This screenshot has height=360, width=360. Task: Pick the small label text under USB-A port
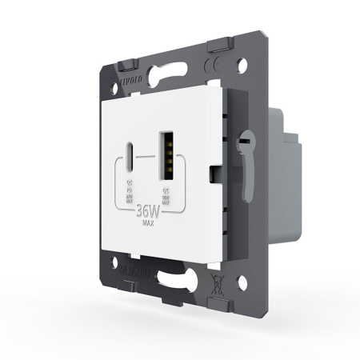(167, 193)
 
